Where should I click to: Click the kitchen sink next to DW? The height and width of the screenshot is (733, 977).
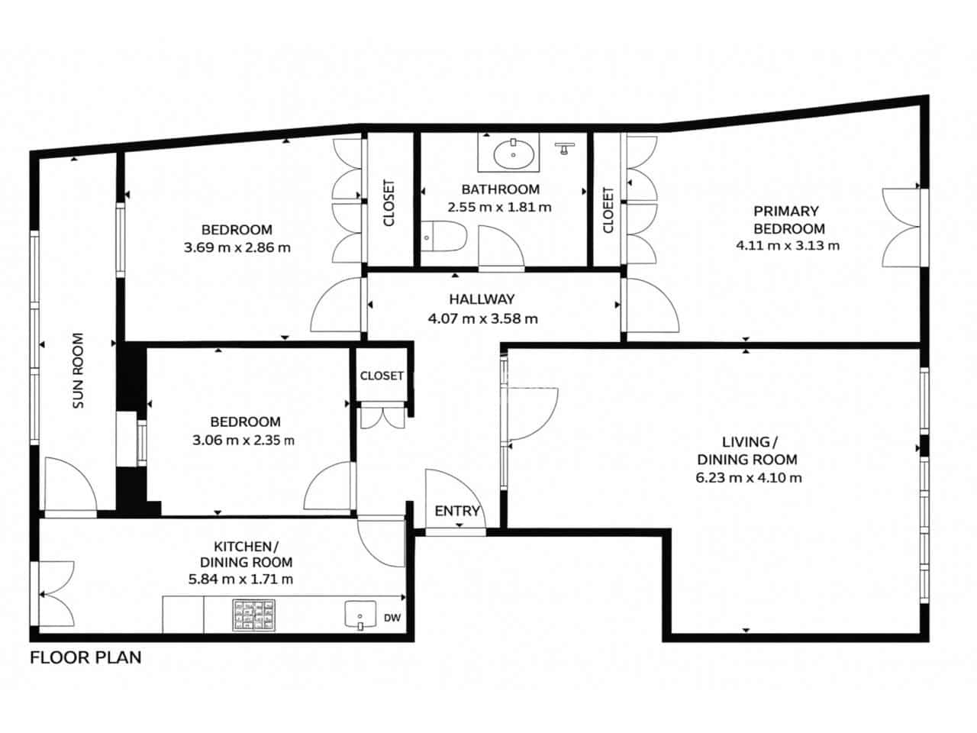tap(362, 615)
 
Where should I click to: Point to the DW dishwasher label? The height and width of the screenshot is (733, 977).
tap(392, 618)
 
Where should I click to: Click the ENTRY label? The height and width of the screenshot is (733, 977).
tap(457, 511)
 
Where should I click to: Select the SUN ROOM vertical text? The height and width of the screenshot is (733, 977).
tap(78, 370)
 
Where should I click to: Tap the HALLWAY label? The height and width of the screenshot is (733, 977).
tap(482, 299)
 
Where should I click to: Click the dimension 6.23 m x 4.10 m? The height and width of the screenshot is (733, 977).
tap(749, 478)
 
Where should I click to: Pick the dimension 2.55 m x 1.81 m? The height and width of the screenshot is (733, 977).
tap(499, 207)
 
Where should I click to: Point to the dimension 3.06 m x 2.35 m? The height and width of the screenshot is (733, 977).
tap(244, 440)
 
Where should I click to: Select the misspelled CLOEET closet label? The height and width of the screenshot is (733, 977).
tap(608, 210)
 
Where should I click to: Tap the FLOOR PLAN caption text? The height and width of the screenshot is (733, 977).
tap(85, 657)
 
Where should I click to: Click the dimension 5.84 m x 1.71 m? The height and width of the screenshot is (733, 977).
tap(241, 579)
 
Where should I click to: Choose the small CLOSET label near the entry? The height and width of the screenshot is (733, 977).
tap(382, 376)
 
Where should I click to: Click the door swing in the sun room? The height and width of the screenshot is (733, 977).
tap(70, 485)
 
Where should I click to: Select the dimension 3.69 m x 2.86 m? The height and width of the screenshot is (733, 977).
tap(237, 247)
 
